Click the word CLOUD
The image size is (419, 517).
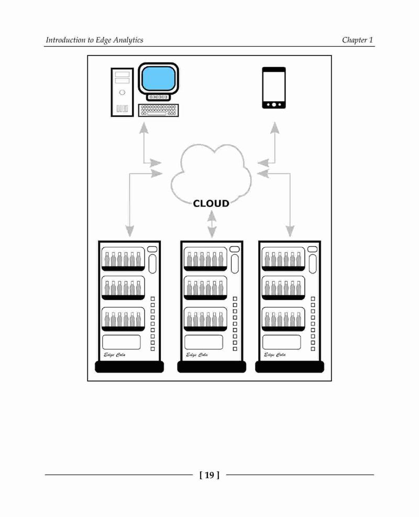(x=211, y=203)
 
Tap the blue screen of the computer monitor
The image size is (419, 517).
(x=158, y=79)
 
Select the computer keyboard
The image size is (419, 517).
(x=159, y=110)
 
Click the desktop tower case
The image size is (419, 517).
(x=123, y=92)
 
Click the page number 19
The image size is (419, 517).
(x=210, y=475)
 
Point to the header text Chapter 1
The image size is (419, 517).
(x=357, y=40)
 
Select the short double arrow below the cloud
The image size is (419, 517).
(x=212, y=224)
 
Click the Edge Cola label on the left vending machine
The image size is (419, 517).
(x=114, y=355)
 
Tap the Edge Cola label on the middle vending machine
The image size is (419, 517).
(x=197, y=355)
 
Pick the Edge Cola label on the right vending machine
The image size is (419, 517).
(x=275, y=355)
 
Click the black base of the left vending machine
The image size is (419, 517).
(x=129, y=367)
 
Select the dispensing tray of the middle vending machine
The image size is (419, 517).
(x=204, y=342)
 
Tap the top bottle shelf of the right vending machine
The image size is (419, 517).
(x=283, y=259)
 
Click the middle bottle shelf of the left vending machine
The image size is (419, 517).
(x=123, y=288)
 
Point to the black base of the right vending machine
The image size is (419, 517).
(x=290, y=367)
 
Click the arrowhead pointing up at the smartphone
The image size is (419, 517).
(x=274, y=128)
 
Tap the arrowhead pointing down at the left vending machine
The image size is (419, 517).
(x=130, y=231)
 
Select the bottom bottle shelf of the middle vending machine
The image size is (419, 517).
(x=205, y=319)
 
